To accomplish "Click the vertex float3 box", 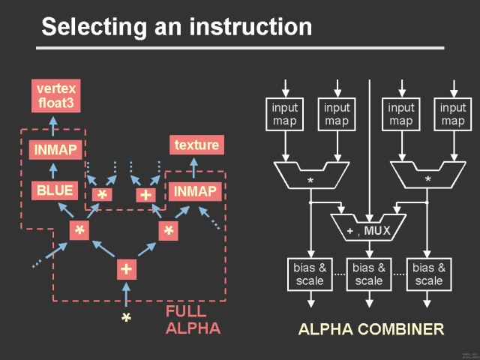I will pyautogui.click(x=55, y=96).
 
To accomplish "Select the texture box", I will pyautogui.click(x=196, y=145).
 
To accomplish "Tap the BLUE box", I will pyautogui.click(x=55, y=190).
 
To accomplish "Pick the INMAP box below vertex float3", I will pyautogui.click(x=55, y=150).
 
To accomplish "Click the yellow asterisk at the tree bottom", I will pyautogui.click(x=126, y=319).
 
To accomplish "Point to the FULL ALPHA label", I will pyautogui.click(x=193, y=319).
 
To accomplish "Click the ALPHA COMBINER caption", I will pyautogui.click(x=370, y=329).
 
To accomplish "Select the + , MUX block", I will pyautogui.click(x=369, y=226).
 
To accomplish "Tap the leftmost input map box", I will pyautogui.click(x=284, y=114).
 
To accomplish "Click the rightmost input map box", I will pyautogui.click(x=452, y=114).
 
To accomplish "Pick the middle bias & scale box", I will pyautogui.click(x=369, y=274).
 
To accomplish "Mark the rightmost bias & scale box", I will pyautogui.click(x=428, y=274).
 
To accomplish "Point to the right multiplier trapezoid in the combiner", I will pyautogui.click(x=427, y=176).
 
